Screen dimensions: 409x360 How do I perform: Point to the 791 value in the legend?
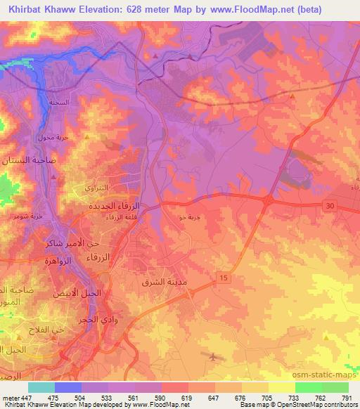pyautogui.click(x=347, y=397)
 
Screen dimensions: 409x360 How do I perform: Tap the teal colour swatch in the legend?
pyautogui.click(x=41, y=387)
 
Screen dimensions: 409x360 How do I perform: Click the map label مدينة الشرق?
pyautogui.click(x=164, y=283)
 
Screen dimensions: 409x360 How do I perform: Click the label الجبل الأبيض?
pyautogui.click(x=78, y=292)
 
